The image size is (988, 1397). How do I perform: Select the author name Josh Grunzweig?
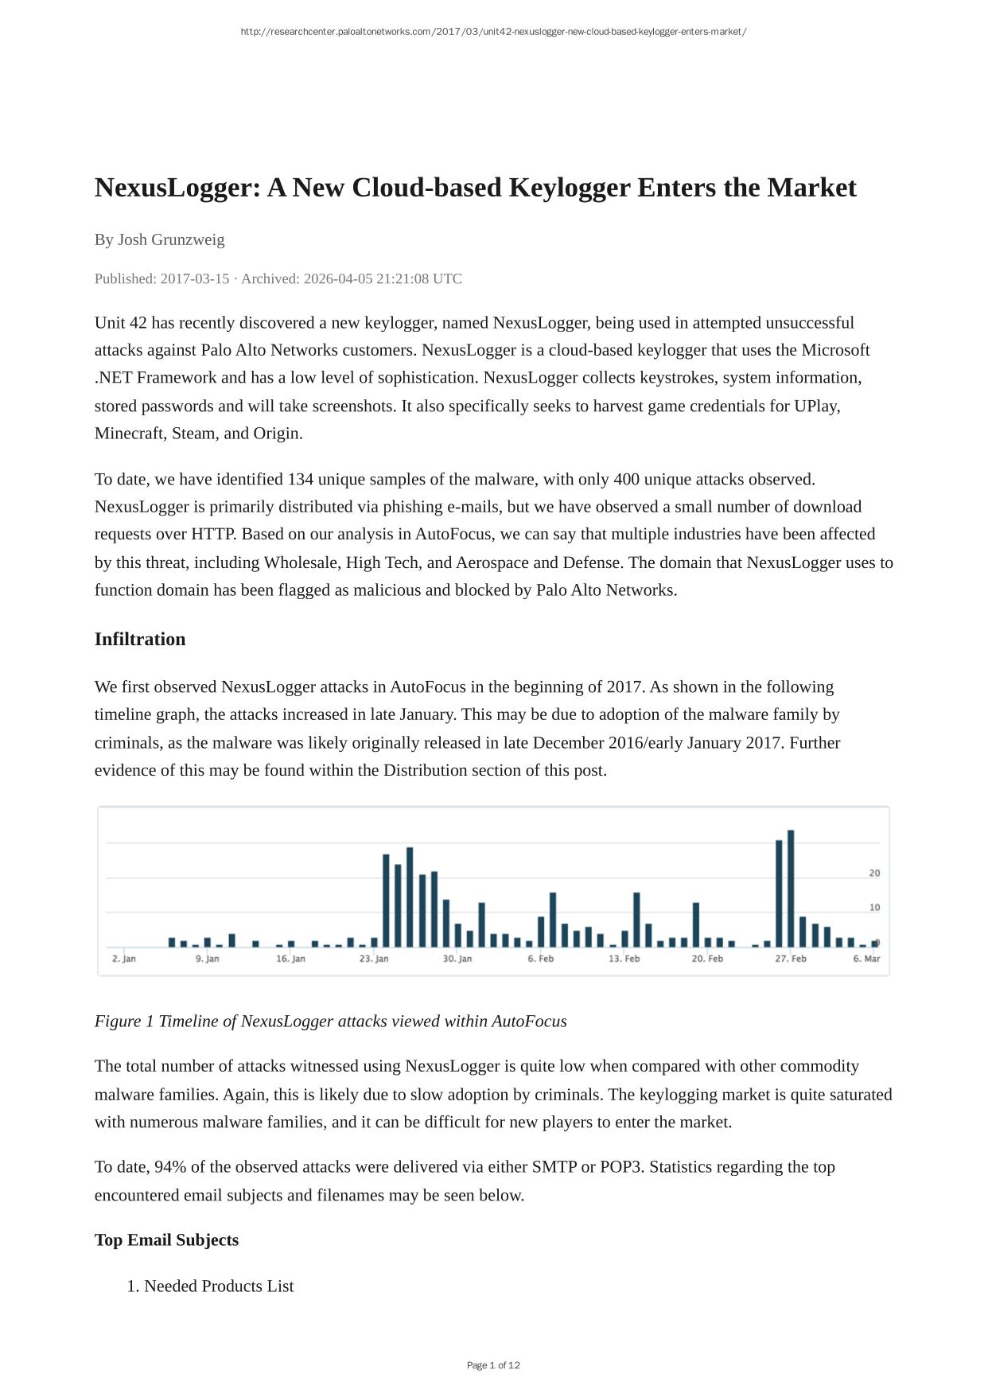[x=171, y=239]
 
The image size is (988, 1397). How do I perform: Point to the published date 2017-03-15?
[x=195, y=278]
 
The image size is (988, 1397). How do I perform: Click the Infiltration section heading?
[x=140, y=639]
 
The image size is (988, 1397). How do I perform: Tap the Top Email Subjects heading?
[x=166, y=1239]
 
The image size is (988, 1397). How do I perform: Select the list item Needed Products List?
[x=219, y=1286]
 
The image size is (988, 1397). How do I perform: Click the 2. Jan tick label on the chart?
[x=124, y=959]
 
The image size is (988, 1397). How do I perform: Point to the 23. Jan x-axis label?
[x=374, y=959]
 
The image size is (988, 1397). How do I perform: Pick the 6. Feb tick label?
[x=540, y=959]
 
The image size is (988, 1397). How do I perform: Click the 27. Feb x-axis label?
[x=791, y=959]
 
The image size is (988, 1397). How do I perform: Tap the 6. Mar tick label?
[x=866, y=959]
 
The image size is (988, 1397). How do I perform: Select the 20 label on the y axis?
[x=874, y=873]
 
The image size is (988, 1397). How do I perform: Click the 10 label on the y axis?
[x=874, y=907]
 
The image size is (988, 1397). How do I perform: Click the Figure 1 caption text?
[x=330, y=1021]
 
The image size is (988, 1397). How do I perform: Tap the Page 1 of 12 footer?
[x=493, y=1365]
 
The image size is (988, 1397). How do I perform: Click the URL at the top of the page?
[x=493, y=32]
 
